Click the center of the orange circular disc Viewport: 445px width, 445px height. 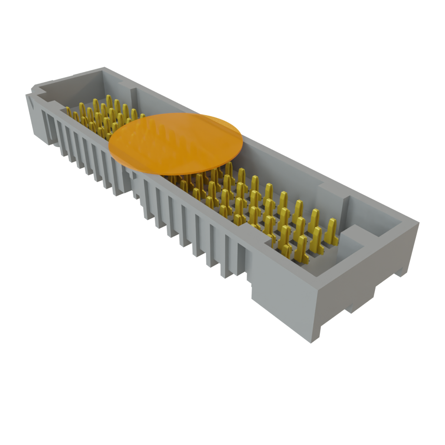pos(175,143)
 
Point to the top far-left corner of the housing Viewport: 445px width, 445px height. pos(103,67)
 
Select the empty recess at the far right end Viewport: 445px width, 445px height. pos(374,217)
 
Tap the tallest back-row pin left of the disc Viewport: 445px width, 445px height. pos(108,100)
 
